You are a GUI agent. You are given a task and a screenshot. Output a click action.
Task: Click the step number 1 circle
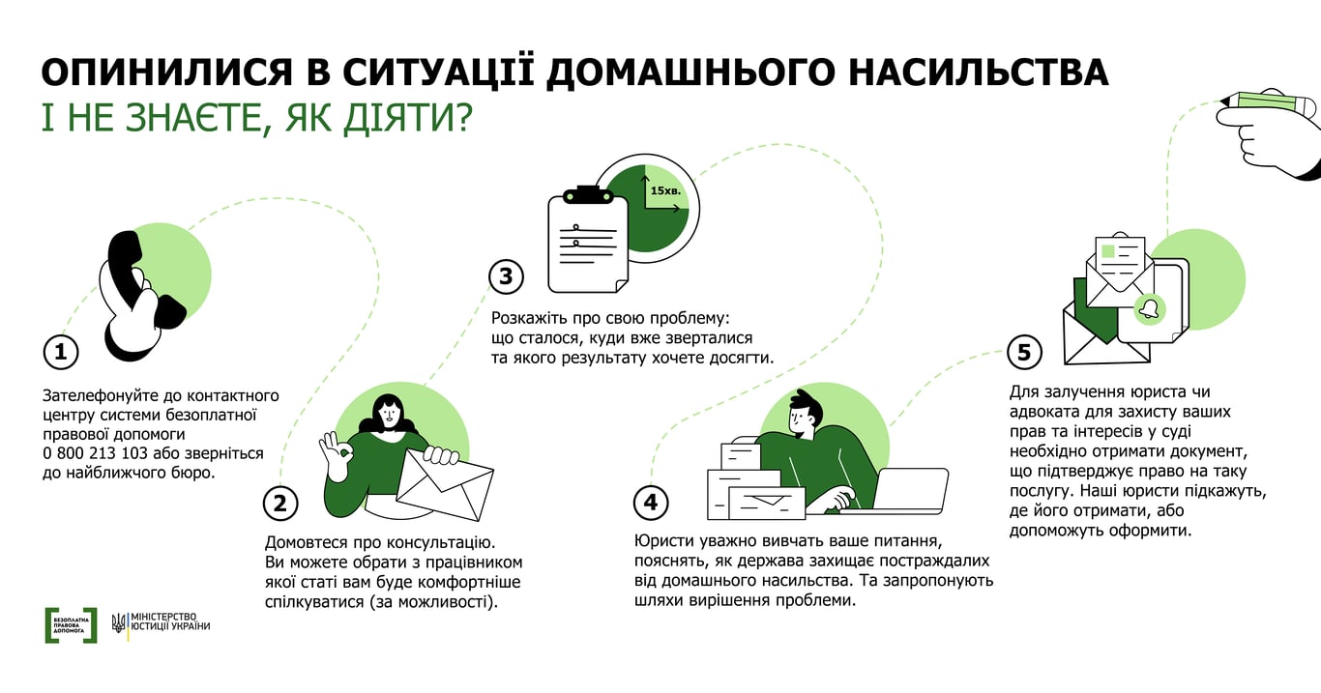pos(60,352)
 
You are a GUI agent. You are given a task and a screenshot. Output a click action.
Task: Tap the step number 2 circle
pos(280,503)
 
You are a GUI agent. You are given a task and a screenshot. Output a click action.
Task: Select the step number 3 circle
pos(505,277)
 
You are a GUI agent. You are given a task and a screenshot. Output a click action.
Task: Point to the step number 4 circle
pos(650,502)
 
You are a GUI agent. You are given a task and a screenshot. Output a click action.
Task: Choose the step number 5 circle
pos(1024,352)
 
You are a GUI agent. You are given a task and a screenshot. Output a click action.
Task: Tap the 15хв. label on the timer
pos(665,191)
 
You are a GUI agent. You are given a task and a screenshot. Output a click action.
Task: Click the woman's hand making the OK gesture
pos(336,454)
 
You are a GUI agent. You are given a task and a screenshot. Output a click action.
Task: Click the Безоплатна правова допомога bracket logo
pos(71,625)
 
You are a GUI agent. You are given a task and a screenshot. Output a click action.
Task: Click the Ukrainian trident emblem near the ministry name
pos(118,622)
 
